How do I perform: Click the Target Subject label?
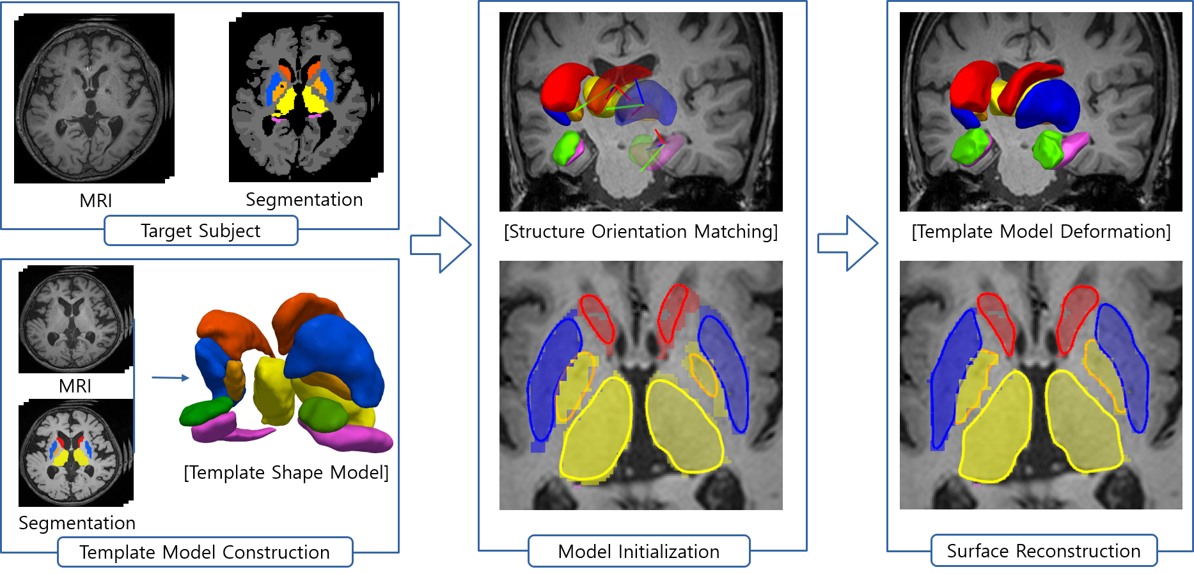[x=201, y=231]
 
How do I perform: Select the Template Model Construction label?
[x=205, y=552]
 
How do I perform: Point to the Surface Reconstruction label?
[x=1044, y=551]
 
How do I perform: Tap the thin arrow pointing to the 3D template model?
[x=171, y=378]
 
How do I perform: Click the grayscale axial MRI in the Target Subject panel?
[x=90, y=102]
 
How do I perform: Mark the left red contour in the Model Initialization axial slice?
[x=597, y=318]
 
